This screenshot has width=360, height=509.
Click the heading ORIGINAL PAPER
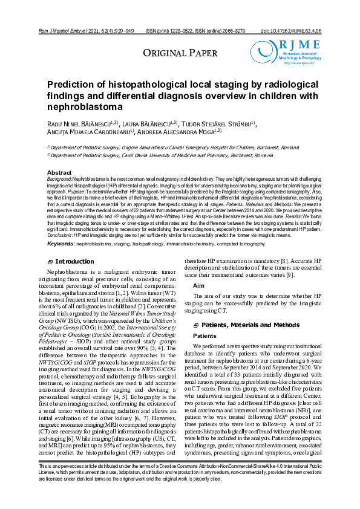180,54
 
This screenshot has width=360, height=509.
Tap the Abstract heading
59,173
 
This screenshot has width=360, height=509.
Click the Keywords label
61,227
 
